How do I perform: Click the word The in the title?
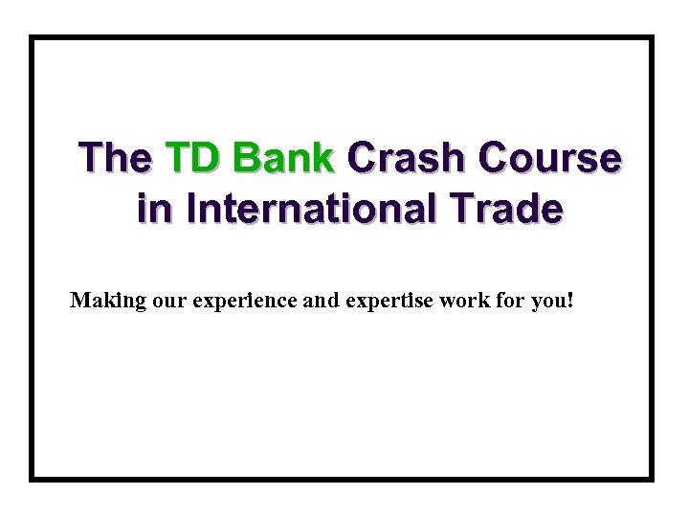click(115, 157)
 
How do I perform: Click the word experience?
click(245, 302)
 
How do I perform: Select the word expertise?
click(388, 302)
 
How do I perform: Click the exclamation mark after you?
click(571, 301)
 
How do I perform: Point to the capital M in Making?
click(80, 301)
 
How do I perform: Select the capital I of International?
click(192, 209)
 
